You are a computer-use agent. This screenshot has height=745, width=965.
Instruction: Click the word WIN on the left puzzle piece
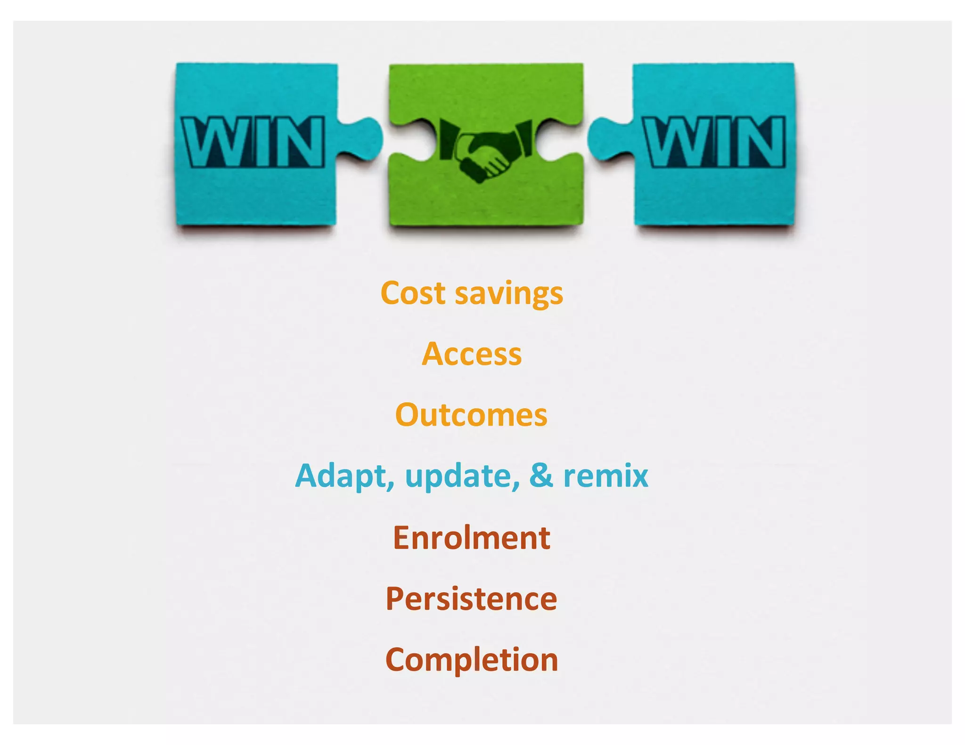253,142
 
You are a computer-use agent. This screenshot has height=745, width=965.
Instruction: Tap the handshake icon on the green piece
485,150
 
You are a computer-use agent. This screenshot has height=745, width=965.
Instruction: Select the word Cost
413,293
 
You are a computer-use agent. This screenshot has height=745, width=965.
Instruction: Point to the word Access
472,354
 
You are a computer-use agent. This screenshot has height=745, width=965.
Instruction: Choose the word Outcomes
472,415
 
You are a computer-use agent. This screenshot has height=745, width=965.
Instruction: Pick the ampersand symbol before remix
540,476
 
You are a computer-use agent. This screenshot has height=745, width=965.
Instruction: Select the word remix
605,476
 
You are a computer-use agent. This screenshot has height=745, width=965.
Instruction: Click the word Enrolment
472,538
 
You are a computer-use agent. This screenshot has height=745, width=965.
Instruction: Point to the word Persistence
472,599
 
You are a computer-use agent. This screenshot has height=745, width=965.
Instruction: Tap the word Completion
472,660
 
